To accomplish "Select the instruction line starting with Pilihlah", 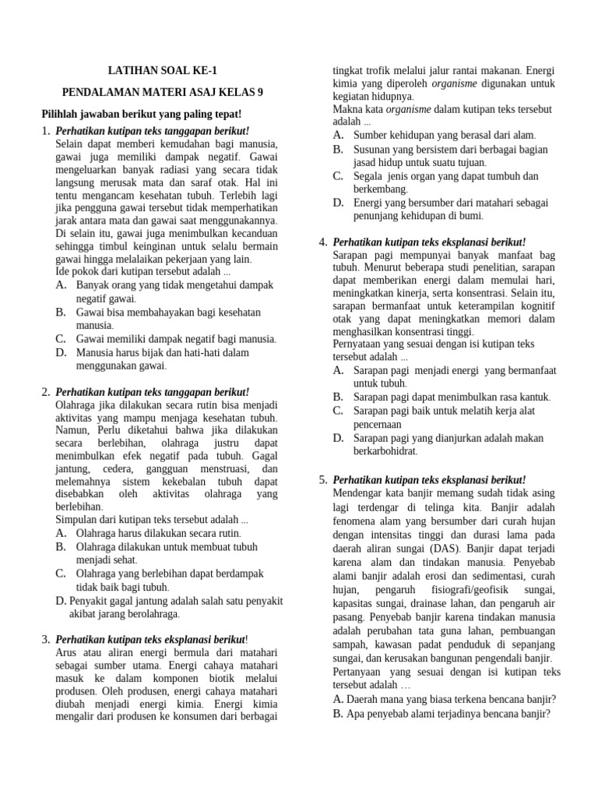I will click(141, 114).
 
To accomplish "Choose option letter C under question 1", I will click(61, 339).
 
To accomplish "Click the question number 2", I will click(45, 391).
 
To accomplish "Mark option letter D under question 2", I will click(61, 601).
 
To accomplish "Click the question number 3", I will click(45, 640).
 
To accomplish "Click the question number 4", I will click(322, 242).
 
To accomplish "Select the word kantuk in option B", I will click(533, 397).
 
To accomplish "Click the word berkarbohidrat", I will click(385, 451).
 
